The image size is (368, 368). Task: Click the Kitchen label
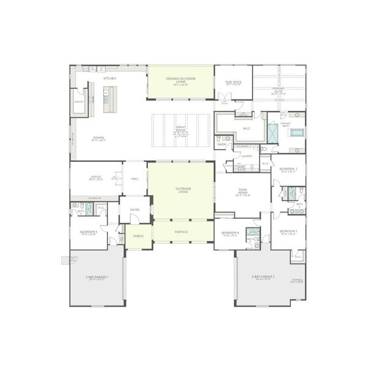point(110,79)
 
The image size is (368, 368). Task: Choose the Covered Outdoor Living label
point(180,80)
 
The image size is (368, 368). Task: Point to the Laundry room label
point(247,156)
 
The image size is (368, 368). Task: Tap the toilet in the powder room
point(227,139)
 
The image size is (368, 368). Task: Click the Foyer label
point(134,210)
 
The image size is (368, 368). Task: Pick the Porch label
point(138,236)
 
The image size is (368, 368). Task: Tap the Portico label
point(180,231)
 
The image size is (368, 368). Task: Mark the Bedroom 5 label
point(89,232)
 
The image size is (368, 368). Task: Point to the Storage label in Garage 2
point(297,280)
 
